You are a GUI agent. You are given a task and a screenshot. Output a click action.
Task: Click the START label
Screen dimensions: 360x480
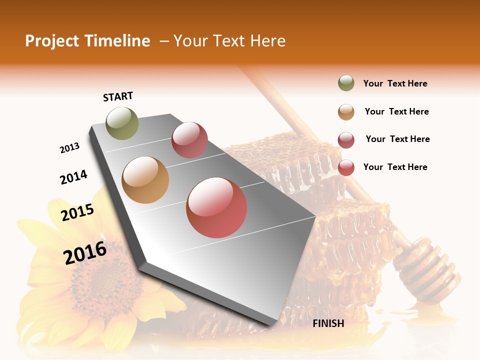118,96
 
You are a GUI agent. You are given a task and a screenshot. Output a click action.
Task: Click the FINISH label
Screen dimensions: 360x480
328,323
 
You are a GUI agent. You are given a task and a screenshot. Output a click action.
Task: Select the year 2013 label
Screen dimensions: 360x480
69,148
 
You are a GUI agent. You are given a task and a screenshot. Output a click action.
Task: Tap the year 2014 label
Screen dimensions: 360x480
73,177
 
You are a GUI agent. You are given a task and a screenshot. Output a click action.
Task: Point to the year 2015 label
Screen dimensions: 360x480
77,212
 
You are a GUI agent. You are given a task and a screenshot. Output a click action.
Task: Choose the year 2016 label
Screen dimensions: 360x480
85,252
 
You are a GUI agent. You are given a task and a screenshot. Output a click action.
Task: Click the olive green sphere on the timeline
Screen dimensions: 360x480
122,123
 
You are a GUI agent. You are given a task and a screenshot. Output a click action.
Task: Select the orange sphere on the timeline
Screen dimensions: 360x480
145,180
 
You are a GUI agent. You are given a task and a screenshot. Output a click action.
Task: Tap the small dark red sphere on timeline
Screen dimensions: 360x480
189,140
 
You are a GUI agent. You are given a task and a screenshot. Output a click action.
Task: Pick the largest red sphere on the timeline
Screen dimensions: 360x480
216,207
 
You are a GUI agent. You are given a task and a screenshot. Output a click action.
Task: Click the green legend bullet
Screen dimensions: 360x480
346,83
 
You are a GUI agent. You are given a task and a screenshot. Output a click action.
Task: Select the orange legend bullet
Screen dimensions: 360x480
346,112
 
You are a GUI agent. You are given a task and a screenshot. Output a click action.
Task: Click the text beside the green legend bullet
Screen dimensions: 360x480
395,84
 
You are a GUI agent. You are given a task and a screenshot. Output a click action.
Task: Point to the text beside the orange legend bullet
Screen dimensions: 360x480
396,112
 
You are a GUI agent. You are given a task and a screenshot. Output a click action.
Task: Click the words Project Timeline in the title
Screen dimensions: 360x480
87,41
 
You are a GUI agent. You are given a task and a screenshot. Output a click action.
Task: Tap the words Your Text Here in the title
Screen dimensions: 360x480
229,41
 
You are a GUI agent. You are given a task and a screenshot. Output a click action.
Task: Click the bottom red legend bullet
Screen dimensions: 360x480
346,167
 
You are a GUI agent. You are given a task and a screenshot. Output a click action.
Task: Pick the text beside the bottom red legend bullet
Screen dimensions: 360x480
395,167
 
